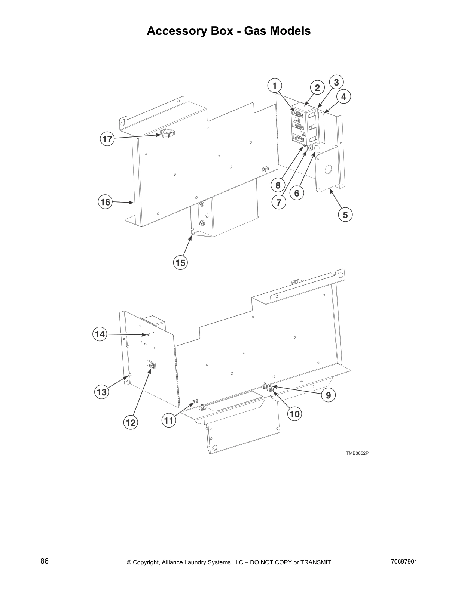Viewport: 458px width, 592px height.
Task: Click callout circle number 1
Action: [275, 86]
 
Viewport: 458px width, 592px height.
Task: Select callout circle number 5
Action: [345, 215]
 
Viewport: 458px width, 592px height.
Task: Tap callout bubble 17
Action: [107, 139]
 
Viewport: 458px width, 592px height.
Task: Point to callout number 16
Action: [106, 202]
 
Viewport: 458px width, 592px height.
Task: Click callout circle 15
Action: [180, 263]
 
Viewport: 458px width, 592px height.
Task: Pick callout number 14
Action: [100, 334]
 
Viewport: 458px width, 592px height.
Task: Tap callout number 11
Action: [169, 421]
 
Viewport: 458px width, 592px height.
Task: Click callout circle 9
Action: [328, 395]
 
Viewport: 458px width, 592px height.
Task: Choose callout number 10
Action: [295, 414]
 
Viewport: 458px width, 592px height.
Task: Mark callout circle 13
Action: [102, 392]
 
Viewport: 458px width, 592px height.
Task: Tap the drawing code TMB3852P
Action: [354, 453]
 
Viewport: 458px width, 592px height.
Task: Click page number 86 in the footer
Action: [45, 561]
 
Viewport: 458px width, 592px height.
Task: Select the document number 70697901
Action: [403, 562]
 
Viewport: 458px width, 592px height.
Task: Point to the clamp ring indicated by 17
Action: [167, 133]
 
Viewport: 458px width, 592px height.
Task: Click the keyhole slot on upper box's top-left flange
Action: [123, 123]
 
